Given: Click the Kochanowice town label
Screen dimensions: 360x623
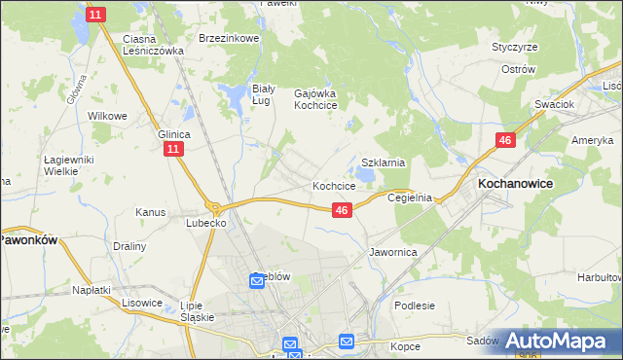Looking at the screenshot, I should tap(515, 182).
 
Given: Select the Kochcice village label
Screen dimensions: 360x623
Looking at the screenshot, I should tap(333, 185).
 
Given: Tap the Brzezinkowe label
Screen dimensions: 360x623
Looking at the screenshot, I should tap(228, 38).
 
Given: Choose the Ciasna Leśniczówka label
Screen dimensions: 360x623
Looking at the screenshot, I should tap(153, 45).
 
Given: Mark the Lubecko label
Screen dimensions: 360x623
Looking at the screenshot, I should tap(206, 222).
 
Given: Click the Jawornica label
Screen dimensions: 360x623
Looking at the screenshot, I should tap(392, 251).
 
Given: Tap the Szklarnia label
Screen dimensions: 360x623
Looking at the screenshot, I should tap(383, 162).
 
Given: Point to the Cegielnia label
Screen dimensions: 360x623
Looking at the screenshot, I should tap(409, 197).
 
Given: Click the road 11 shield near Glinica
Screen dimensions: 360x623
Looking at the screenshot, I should tap(172, 149).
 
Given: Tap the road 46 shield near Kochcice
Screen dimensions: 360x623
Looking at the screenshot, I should tap(341, 210).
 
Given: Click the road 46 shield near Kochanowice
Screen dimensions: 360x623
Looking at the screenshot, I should tap(504, 141).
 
